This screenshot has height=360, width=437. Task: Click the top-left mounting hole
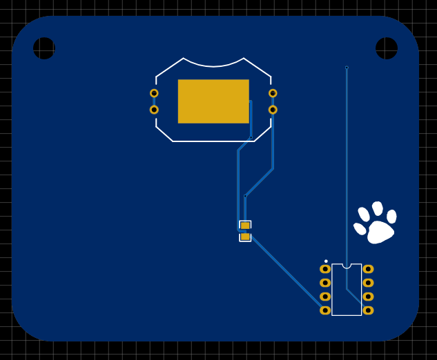click(x=44, y=48)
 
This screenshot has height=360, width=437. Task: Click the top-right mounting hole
click(x=387, y=48)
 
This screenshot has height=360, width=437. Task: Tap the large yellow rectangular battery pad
click(x=213, y=101)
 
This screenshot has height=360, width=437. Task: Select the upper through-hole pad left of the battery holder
click(x=154, y=93)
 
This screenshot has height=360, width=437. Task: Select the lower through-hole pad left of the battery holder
click(x=154, y=110)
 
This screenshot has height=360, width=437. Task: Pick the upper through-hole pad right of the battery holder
click(x=273, y=93)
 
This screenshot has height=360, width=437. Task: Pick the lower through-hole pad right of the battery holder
click(x=273, y=110)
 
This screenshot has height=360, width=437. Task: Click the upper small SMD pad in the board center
click(x=245, y=226)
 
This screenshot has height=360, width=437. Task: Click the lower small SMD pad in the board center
click(x=245, y=237)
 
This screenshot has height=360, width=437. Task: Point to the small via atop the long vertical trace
click(x=347, y=68)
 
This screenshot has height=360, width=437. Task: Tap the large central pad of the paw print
click(x=380, y=232)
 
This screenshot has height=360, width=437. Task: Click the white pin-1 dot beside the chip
click(x=326, y=261)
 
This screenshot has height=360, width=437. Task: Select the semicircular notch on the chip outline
click(x=347, y=266)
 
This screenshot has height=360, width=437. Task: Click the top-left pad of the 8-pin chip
click(x=325, y=269)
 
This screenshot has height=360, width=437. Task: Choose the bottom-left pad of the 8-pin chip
click(x=325, y=310)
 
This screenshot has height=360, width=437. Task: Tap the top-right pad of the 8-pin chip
click(x=368, y=269)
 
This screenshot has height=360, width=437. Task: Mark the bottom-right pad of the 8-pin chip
click(x=368, y=310)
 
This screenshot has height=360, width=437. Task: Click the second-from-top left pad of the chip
click(x=325, y=283)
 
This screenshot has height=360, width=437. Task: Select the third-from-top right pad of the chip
click(x=368, y=297)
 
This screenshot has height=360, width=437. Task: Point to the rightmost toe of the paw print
click(x=391, y=217)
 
